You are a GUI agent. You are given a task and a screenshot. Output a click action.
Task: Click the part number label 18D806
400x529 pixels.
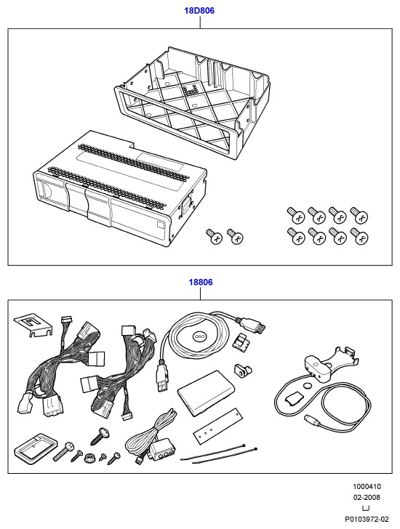pyautogui.click(x=199, y=11)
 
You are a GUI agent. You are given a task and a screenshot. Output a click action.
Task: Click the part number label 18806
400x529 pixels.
pyautogui.click(x=201, y=282)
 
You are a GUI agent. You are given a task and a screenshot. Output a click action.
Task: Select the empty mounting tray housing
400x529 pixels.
pyautogui.click(x=192, y=101)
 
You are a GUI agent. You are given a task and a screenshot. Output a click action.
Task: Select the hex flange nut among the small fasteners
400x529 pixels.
pyautogui.click(x=89, y=458)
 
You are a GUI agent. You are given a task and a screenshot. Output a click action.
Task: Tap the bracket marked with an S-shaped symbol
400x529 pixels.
pyautogui.click(x=33, y=326)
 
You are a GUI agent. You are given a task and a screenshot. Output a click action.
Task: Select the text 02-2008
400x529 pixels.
pyautogui.click(x=367, y=497)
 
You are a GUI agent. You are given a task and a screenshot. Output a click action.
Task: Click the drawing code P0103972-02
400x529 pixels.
pyautogui.click(x=367, y=519)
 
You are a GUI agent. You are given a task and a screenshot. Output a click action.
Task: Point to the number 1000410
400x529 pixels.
pyautogui.click(x=367, y=487)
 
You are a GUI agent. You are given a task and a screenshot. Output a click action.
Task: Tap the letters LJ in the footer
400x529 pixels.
pyautogui.click(x=366, y=508)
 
